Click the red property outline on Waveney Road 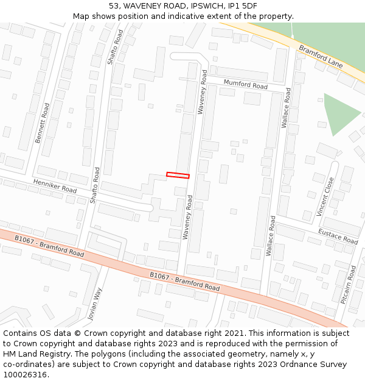point(178,176)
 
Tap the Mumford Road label point(246,84)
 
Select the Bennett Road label point(43,123)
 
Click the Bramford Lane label point(321,55)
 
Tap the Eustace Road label point(338,237)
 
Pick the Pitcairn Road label point(349,284)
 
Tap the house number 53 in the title point(115,6)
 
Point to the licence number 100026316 point(26,374)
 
